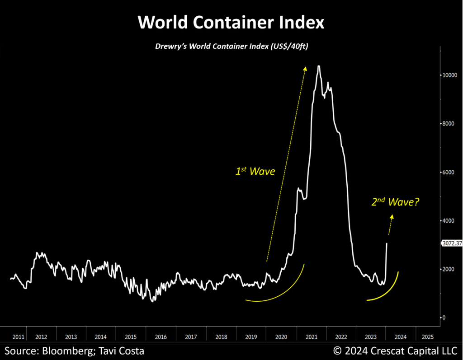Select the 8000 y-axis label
[x=450, y=124]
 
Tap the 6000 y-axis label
[x=450, y=172]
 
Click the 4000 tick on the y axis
[x=450, y=221]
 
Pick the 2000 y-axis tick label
[x=450, y=269]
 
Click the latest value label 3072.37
[x=451, y=243]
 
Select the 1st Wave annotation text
[x=254, y=171]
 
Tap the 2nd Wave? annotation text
[x=395, y=202]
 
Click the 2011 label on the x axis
[x=19, y=337]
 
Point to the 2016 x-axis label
[x=161, y=337]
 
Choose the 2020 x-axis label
[x=281, y=337]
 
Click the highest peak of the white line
[x=319, y=66]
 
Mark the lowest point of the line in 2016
[x=152, y=301]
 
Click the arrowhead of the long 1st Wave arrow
[x=305, y=68]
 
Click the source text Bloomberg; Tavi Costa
[x=75, y=351]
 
